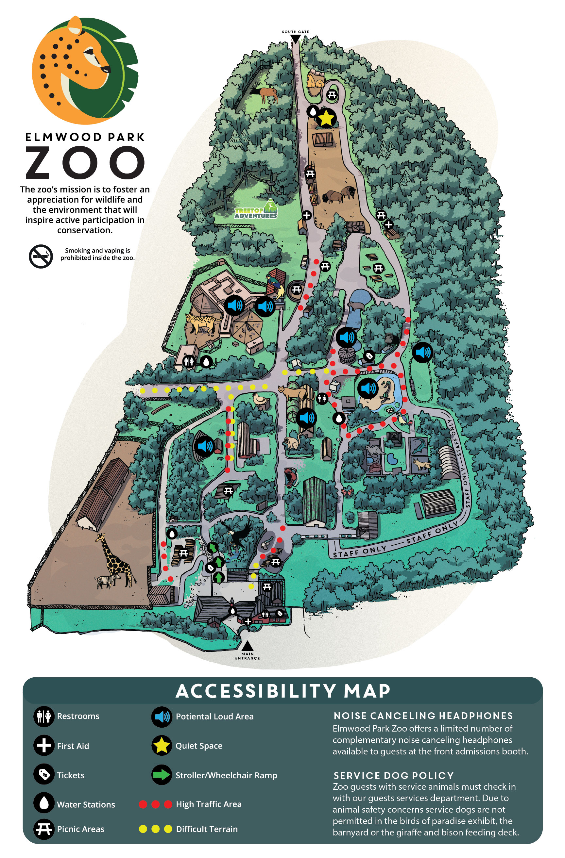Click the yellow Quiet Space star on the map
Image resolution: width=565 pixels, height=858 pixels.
326,118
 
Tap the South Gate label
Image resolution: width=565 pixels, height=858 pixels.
295,32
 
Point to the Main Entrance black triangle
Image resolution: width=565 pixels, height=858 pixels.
247,645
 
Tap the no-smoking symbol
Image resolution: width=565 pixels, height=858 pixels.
41,256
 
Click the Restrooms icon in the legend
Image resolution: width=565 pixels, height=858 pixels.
44,716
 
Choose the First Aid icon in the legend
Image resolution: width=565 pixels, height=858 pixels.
44,746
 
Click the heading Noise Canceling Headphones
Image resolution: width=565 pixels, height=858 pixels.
423,716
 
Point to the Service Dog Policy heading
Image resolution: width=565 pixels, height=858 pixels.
393,775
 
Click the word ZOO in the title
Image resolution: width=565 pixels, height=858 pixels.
85,163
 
